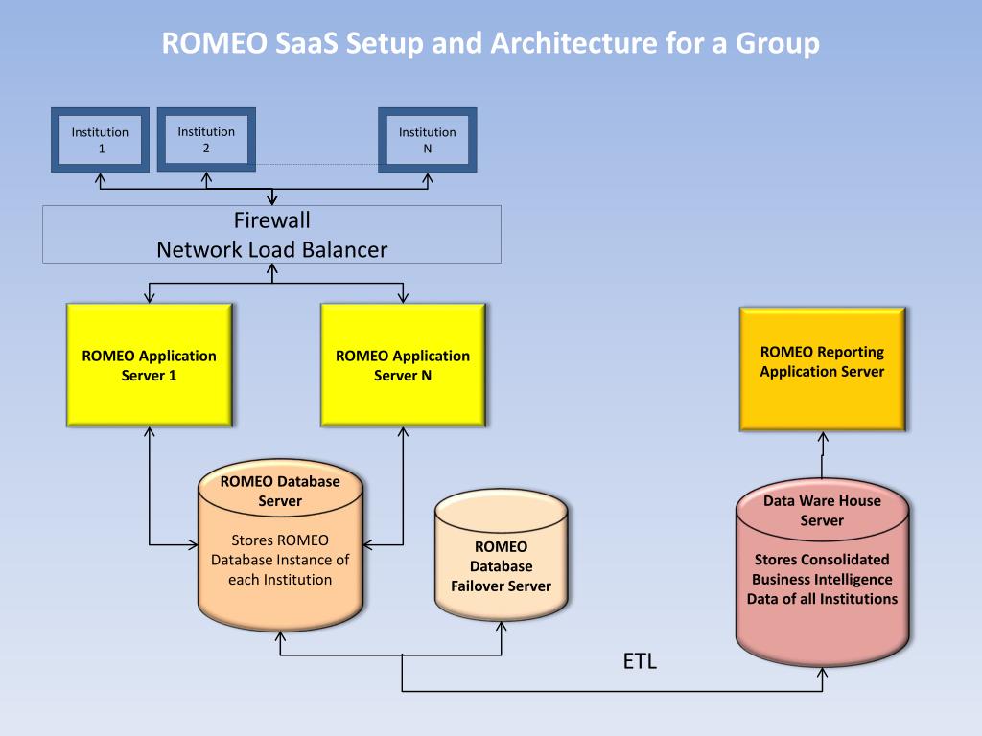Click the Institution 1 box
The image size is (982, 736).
click(x=100, y=140)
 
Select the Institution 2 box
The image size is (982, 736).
click(x=206, y=139)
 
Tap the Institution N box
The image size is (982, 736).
click(x=427, y=140)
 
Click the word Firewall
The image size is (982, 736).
click(x=271, y=220)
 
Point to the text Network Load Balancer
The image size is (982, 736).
click(x=271, y=250)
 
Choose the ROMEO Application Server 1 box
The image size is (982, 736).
click(x=149, y=365)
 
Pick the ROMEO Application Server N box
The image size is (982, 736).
click(x=403, y=365)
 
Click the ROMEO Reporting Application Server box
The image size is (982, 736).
click(x=822, y=369)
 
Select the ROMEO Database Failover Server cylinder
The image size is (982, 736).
click(x=501, y=555)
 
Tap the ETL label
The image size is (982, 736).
click(x=640, y=661)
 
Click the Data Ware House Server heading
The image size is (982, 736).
click(x=822, y=510)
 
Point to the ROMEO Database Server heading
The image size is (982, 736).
click(x=280, y=491)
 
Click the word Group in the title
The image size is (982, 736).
click(x=777, y=43)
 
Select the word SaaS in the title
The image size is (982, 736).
click(x=306, y=43)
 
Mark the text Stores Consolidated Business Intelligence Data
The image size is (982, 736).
click(x=822, y=579)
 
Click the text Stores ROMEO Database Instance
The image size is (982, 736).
click(x=280, y=560)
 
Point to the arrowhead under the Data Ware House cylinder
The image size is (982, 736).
click(x=822, y=672)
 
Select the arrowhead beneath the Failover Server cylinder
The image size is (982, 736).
click(x=501, y=627)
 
